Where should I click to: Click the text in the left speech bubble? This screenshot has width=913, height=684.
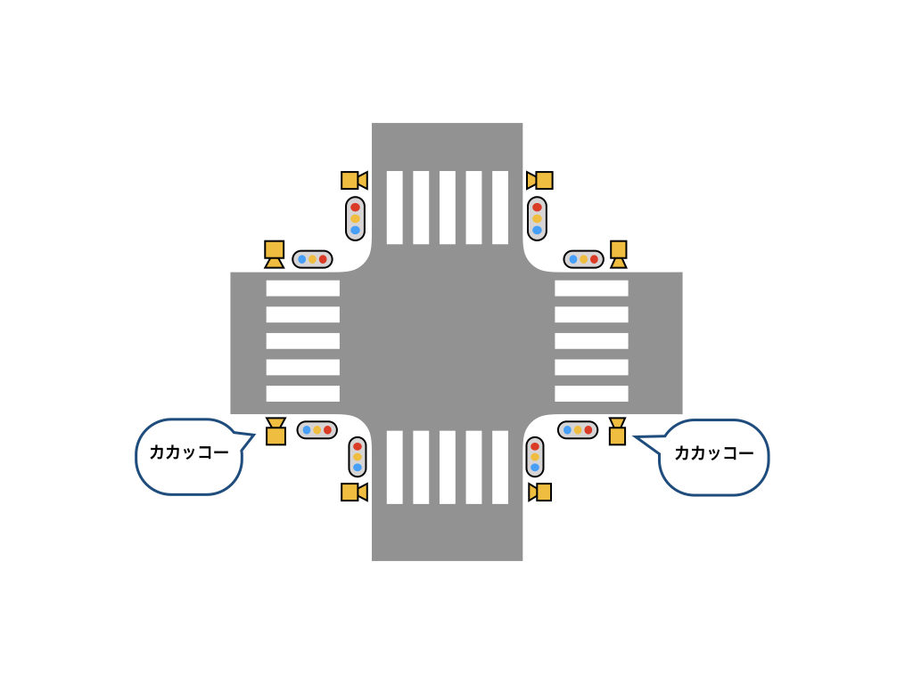point(188,453)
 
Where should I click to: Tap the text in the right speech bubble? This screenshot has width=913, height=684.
point(713,453)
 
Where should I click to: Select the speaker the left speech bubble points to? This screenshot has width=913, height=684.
point(276,431)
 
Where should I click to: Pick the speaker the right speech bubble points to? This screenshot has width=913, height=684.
point(617,431)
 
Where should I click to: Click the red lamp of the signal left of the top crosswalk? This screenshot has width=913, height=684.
point(355,207)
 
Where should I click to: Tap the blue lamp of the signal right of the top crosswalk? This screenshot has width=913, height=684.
point(537,230)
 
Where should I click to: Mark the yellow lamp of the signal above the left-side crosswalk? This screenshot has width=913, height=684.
point(312,259)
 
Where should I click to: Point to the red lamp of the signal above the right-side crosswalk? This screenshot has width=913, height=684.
point(594,259)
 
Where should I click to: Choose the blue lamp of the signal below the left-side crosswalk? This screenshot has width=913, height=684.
point(306,430)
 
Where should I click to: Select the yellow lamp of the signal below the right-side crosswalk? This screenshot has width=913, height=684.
point(578,430)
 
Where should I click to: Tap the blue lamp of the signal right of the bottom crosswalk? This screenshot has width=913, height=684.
point(535,467)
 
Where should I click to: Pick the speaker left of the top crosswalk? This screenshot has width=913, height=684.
point(354,181)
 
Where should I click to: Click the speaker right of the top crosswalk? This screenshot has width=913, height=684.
point(539,181)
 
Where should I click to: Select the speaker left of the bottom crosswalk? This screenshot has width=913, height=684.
point(354,492)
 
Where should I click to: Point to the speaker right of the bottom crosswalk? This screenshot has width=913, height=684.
point(539,492)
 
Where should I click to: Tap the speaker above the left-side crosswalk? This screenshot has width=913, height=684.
point(275,254)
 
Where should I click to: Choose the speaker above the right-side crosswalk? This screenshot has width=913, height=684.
point(618,254)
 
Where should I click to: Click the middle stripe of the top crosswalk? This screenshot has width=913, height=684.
point(447,208)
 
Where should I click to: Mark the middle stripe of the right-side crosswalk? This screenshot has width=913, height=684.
point(591,340)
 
